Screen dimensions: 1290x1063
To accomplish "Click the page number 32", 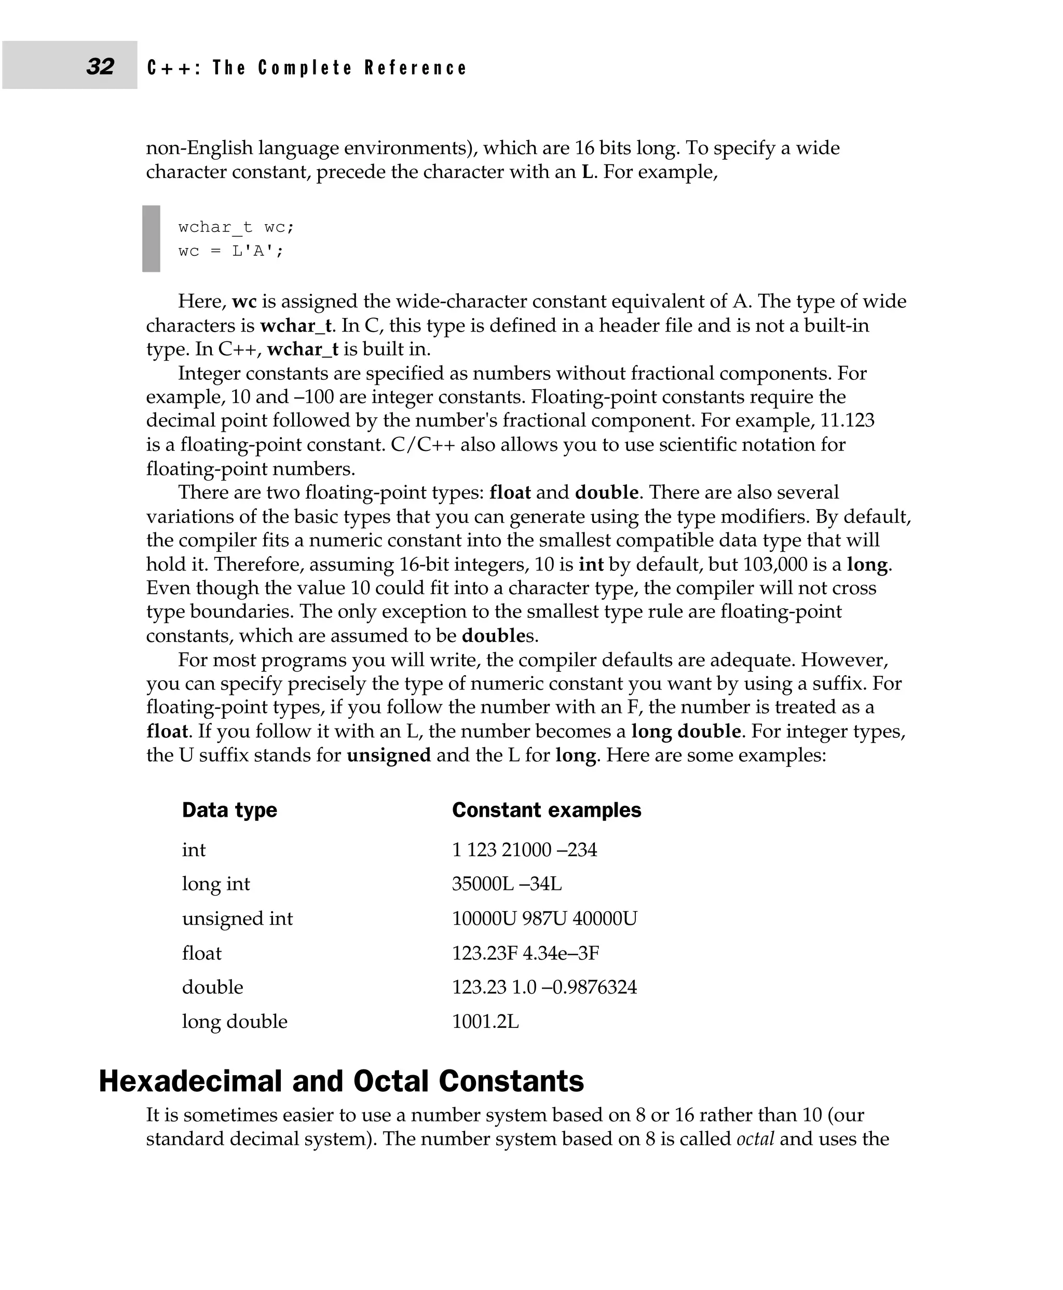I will pyautogui.click(x=100, y=66).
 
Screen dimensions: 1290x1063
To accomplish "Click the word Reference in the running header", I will pyautogui.click(x=415, y=67).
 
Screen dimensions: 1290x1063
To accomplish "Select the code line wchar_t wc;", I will pyautogui.click(x=236, y=227).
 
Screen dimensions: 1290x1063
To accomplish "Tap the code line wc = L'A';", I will pyautogui.click(x=231, y=251).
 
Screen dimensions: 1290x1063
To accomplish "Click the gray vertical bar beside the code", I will pyautogui.click(x=151, y=238).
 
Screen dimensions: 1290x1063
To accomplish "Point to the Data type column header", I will pyautogui.click(x=229, y=810).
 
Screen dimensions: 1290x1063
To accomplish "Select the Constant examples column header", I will pyautogui.click(x=546, y=810).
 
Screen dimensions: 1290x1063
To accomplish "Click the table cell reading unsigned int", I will pyautogui.click(x=237, y=918).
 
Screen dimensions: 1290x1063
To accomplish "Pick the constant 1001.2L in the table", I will pyautogui.click(x=485, y=1021).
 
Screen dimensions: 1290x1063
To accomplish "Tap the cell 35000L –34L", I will pyautogui.click(x=507, y=884).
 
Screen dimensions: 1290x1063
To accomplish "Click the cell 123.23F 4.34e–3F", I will pyautogui.click(x=525, y=953).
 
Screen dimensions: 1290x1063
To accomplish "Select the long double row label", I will pyautogui.click(x=235, y=1021).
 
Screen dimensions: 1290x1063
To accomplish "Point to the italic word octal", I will pyautogui.click(x=755, y=1139).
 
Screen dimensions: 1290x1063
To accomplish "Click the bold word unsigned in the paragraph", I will pyautogui.click(x=389, y=755).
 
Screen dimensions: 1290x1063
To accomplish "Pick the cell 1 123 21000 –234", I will pyautogui.click(x=524, y=850).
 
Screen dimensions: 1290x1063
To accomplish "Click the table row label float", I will pyautogui.click(x=201, y=953).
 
